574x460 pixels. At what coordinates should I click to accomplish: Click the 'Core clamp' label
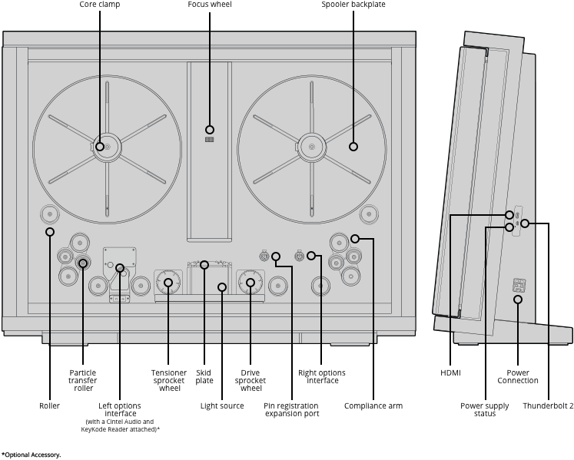coord(100,5)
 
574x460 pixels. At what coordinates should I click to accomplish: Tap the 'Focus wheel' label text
coord(210,5)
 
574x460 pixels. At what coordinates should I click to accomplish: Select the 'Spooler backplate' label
coord(353,5)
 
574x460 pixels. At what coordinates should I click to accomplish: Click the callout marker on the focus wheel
coord(210,130)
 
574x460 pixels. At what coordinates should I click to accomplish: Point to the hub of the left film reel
coord(107,147)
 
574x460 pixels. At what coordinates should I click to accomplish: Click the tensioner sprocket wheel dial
coord(168,283)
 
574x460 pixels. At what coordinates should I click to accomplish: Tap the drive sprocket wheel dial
coord(251,283)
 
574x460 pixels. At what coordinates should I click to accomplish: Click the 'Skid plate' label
coord(204,376)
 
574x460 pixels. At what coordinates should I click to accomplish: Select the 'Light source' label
coord(222,405)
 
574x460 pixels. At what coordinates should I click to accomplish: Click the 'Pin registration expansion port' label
coord(292,410)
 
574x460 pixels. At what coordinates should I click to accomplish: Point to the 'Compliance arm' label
coord(373,405)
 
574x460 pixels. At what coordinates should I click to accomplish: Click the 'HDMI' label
coord(450,373)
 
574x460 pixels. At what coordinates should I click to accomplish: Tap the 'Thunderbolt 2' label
coord(548,405)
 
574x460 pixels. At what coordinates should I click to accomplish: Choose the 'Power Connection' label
coord(518,376)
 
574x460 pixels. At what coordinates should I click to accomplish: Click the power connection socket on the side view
coord(519,285)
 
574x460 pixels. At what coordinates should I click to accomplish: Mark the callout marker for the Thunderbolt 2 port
coord(525,223)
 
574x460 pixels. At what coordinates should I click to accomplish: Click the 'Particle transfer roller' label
coord(83,381)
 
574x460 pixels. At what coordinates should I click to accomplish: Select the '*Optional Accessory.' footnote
coord(31,455)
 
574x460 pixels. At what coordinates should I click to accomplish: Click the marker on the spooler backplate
coord(353,147)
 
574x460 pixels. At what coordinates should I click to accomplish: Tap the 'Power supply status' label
coord(485,410)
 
